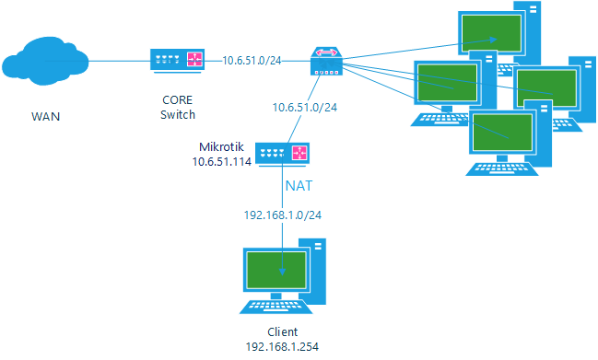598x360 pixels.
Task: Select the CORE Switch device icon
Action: point(179,61)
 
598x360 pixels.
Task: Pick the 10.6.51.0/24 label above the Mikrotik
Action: point(303,108)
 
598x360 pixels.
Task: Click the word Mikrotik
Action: point(221,147)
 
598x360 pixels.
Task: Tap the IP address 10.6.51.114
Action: point(221,161)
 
